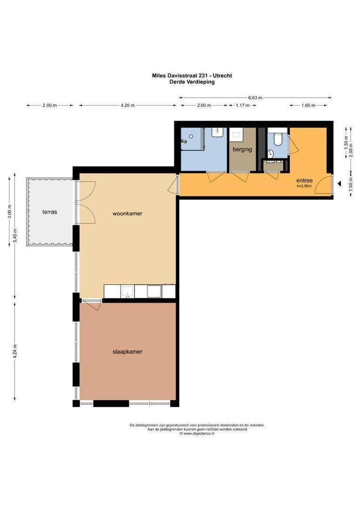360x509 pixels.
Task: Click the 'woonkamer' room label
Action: (x=127, y=213)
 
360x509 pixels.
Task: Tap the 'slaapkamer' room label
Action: (x=127, y=352)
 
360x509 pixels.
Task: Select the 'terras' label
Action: (x=49, y=212)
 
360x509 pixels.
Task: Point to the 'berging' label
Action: (x=242, y=149)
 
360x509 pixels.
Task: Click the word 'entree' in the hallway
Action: (x=304, y=181)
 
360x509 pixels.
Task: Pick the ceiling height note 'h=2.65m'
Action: (x=304, y=186)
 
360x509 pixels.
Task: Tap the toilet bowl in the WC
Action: (x=278, y=139)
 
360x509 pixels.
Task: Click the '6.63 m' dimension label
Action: (x=255, y=98)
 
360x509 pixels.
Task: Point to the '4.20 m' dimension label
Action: (x=128, y=106)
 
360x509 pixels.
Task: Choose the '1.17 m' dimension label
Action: (x=242, y=106)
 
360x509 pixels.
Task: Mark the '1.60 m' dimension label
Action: (x=308, y=106)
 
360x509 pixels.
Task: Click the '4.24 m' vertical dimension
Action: (x=15, y=352)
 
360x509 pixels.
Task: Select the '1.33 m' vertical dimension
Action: (x=346, y=146)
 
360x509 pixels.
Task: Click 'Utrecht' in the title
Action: (x=222, y=75)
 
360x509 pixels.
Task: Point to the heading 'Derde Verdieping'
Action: (x=192, y=82)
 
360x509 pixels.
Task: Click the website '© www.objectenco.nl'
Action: (x=196, y=434)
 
